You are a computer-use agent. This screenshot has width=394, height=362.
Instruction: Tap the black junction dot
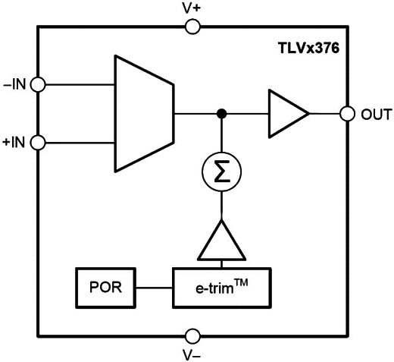click(x=222, y=114)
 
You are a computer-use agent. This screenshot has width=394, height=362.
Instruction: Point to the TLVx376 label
click(x=308, y=48)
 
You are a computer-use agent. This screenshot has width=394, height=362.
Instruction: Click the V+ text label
click(x=192, y=8)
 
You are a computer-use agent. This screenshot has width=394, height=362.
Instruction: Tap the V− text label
click(x=192, y=355)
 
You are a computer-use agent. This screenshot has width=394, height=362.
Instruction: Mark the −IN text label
click(x=14, y=84)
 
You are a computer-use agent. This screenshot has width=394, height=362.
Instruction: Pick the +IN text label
click(x=14, y=143)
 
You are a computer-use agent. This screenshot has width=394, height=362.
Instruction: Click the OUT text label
click(x=377, y=115)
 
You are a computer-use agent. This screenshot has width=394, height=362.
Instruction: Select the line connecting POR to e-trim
click(x=154, y=288)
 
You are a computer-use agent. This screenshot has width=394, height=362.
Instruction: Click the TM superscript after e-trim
click(x=241, y=283)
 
